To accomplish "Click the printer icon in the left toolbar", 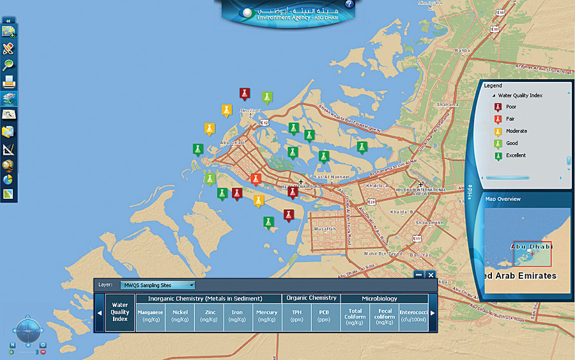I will (9, 81).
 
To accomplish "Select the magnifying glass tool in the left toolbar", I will (8, 65).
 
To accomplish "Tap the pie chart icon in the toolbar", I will (8, 180).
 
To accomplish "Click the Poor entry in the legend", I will (511, 107).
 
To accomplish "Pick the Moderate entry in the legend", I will (516, 131).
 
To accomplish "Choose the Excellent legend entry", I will (516, 155).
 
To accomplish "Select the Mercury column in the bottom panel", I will (267, 316).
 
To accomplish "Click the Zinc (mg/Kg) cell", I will (210, 316).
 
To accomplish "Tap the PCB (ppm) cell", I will (325, 316).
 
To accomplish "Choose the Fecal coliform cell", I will (384, 316).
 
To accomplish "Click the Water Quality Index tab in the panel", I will (120, 312).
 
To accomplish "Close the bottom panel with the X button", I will (431, 274).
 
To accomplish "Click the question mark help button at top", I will (349, 4).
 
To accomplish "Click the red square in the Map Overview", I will (532, 254).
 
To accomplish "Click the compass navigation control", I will (27, 331).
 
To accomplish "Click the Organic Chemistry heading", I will (312, 298).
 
